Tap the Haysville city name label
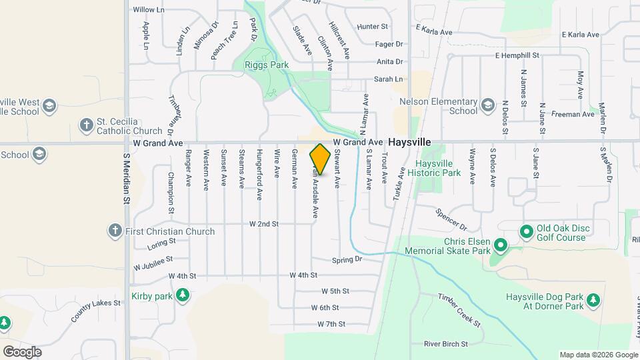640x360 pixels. [x=409, y=143]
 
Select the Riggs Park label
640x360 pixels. [x=266, y=65]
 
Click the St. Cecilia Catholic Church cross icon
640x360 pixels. [x=86, y=125]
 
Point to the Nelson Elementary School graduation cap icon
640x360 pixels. [x=488, y=105]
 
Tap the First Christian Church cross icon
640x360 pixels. [x=115, y=231]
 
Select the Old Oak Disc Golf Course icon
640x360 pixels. [x=526, y=231]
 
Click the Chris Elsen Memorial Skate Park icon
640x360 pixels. [x=501, y=247]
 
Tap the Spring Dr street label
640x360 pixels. [x=346, y=259]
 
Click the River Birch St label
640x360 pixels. [x=446, y=344]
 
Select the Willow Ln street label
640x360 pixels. [x=148, y=9]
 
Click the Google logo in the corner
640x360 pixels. [x=22, y=351]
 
